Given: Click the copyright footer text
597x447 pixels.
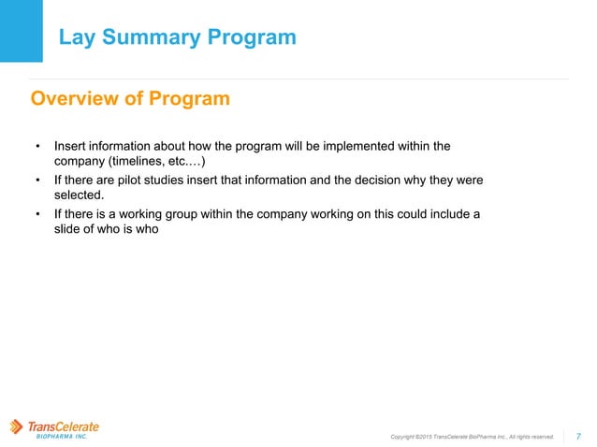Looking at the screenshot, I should (x=472, y=436).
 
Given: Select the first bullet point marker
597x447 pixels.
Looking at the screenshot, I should (x=38, y=147).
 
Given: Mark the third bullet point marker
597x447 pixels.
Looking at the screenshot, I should (x=38, y=214).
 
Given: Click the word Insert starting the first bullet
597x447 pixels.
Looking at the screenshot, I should (x=70, y=146).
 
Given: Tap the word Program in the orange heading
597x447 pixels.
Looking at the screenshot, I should (x=193, y=98).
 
